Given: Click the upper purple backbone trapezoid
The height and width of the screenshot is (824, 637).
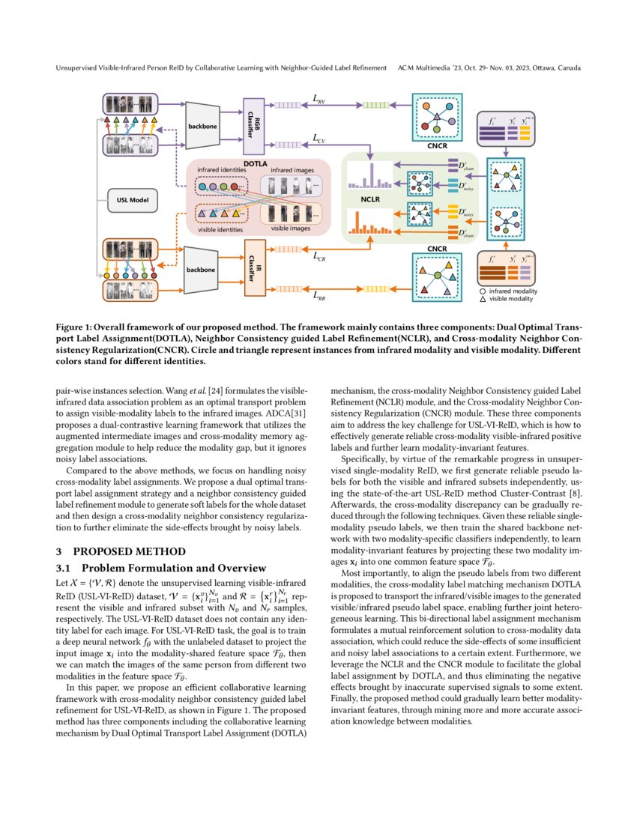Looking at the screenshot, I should (202, 125).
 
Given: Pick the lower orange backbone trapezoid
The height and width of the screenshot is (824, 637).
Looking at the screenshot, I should (202, 267).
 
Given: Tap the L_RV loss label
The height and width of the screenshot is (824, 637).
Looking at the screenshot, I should (318, 100).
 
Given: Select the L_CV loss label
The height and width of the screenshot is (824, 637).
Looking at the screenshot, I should (318, 139).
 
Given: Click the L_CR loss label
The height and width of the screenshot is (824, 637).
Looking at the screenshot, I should (318, 255).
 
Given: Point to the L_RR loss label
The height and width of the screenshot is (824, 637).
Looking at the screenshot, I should (318, 294).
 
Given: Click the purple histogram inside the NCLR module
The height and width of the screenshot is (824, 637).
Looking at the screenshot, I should (369, 177).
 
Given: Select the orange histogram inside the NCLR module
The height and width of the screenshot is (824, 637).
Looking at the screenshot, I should (369, 222).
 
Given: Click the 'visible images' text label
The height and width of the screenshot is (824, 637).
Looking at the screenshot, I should (290, 228).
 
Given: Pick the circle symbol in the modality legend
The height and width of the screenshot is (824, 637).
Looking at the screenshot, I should (483, 291).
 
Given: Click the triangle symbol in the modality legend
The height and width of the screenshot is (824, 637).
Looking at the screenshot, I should (483, 299).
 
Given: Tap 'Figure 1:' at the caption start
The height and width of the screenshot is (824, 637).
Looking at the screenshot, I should (75, 327).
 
